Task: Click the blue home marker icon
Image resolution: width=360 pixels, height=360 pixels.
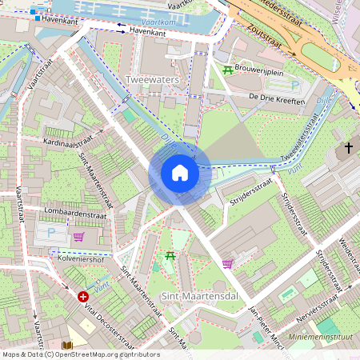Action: coord(180,172)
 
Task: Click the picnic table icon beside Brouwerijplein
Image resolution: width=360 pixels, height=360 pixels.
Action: coord(228,70)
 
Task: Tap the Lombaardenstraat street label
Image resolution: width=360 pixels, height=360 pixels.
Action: coord(62,214)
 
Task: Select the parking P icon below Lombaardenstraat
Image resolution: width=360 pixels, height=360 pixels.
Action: coord(52,233)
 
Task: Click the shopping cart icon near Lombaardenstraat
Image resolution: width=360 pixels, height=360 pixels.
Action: coord(78,237)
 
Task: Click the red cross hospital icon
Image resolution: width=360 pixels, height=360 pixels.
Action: coord(83,296)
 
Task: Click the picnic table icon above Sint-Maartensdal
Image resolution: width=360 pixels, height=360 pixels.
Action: coord(170,256)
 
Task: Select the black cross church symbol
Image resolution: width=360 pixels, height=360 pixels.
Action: coord(349,147)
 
